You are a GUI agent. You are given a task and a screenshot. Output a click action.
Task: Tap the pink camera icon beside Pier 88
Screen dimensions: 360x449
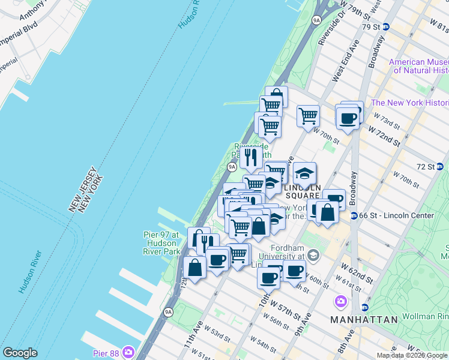(x=128, y=352)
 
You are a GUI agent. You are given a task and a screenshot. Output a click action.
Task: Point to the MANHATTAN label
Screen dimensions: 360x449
(x=364, y=320)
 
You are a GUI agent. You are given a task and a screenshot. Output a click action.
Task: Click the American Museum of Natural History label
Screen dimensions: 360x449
(x=418, y=66)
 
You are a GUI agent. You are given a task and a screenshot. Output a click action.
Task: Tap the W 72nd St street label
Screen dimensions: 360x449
(x=385, y=134)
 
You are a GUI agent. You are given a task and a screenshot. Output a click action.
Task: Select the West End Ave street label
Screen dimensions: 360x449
(x=345, y=60)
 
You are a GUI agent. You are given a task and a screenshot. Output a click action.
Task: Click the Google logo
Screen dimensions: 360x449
(x=20, y=353)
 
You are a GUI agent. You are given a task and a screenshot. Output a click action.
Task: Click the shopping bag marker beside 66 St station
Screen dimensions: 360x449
(x=328, y=213)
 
